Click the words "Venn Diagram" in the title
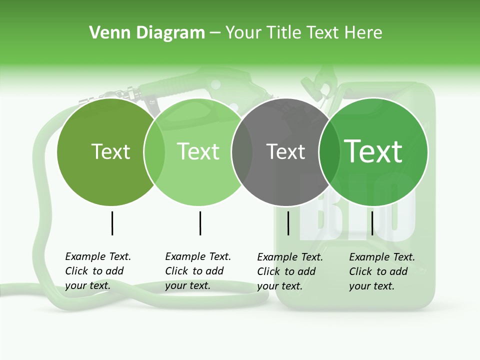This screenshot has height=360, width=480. [x=147, y=33]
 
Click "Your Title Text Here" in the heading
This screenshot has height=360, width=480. [x=303, y=33]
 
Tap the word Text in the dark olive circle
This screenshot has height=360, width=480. [x=110, y=152]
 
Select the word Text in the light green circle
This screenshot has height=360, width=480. [x=198, y=152]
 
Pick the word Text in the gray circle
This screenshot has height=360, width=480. [x=285, y=152]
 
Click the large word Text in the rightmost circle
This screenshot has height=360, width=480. [x=373, y=152]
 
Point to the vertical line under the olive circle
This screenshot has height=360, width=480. [x=112, y=223]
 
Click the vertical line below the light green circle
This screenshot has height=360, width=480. [x=200, y=223]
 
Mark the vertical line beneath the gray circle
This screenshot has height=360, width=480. [x=288, y=223]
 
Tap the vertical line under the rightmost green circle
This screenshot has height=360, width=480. [x=372, y=223]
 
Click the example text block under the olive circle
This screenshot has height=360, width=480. [x=98, y=271]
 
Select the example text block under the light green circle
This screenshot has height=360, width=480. [x=198, y=271]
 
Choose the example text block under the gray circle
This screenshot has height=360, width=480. [x=290, y=271]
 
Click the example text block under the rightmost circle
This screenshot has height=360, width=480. [x=382, y=271]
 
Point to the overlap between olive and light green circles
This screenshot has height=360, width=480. [x=154, y=152]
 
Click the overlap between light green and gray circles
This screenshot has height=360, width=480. [x=242, y=152]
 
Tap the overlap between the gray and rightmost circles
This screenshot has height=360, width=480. [x=325, y=152]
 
